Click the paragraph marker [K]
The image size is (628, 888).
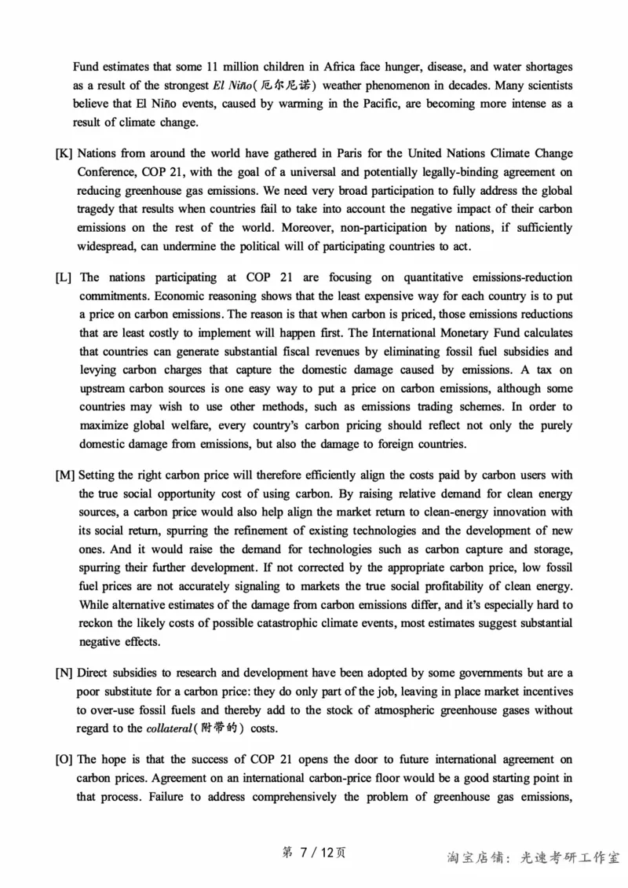point(64,152)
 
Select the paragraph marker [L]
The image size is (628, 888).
point(64,277)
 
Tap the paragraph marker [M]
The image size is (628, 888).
point(65,475)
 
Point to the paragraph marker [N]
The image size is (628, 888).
point(64,673)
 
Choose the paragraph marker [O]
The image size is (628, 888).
point(64,760)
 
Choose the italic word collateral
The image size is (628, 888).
point(170,729)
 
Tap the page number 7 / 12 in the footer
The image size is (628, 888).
point(313,853)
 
